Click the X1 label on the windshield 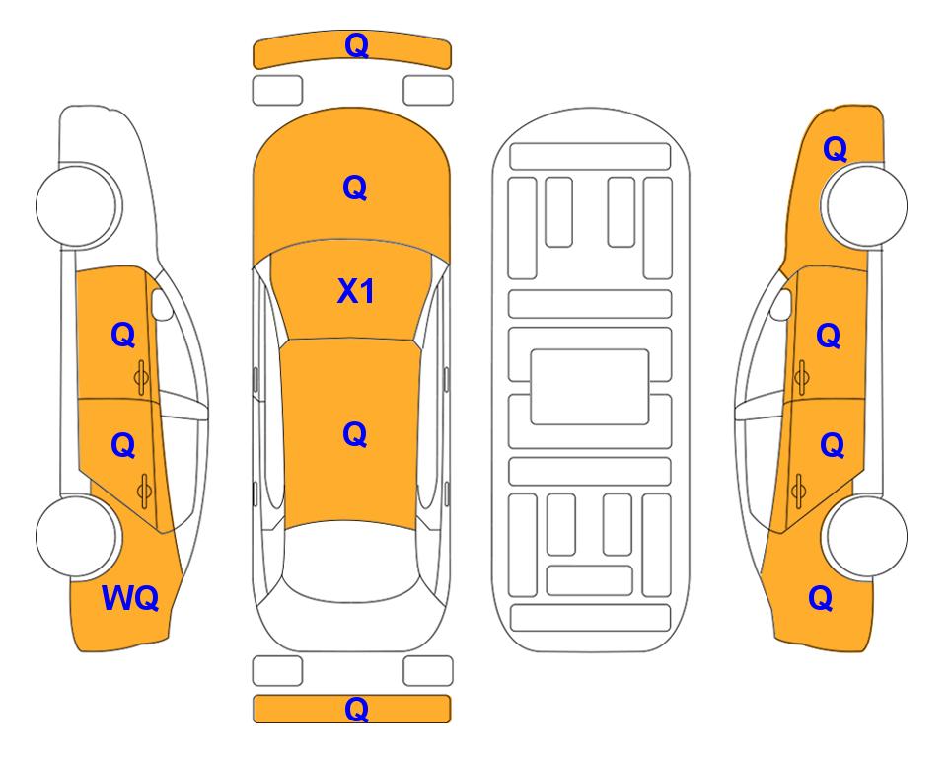pos(356,292)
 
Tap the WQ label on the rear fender pos(130,598)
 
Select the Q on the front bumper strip pos(356,45)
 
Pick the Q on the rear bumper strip pos(356,709)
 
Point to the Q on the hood pos(355,188)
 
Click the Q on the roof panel pos(355,434)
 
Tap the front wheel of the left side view pos(76,205)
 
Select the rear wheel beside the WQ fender pos(76,536)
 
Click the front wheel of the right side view pos(866,205)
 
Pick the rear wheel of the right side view pos(866,536)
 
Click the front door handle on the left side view pos(142,377)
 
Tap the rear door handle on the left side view pos(144,491)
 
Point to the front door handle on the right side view pos(801,377)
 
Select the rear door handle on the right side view pos(798,491)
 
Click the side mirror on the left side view pos(161,304)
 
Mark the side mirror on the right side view pos(781,304)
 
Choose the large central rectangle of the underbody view pos(590,387)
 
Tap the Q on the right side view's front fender pos(835,149)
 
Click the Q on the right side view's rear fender pos(821,598)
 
